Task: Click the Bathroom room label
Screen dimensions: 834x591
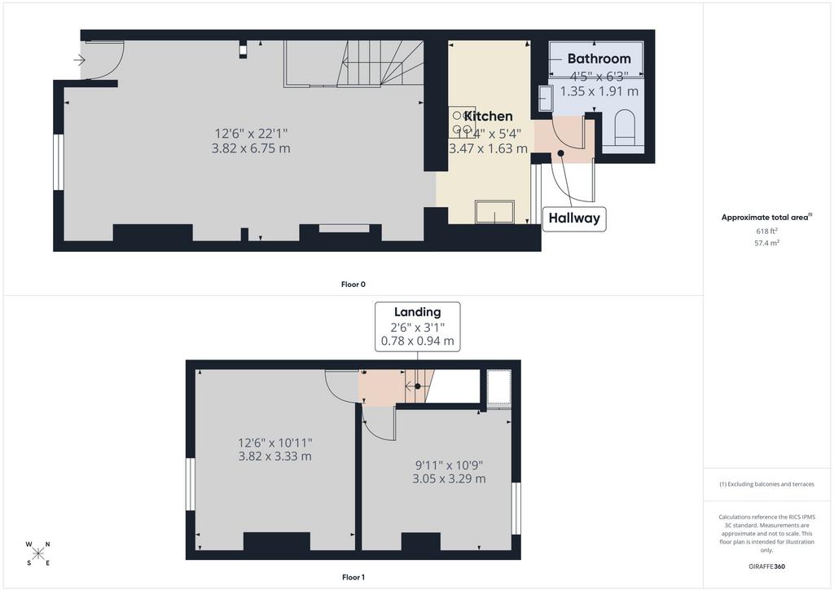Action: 599,59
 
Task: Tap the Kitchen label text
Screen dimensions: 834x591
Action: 489,116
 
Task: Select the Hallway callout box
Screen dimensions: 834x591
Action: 574,218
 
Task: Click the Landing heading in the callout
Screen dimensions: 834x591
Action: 418,312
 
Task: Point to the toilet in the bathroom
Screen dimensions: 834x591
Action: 625,127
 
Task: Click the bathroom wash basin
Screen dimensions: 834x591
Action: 545,99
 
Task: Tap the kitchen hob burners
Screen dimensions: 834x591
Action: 461,122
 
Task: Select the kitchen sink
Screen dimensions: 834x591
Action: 494,211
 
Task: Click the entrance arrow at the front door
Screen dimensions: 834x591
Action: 79,60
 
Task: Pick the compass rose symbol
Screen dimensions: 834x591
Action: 37,554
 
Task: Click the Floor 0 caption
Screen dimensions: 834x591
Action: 353,284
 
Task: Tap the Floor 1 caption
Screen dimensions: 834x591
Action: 353,577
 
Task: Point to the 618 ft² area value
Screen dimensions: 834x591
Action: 766,231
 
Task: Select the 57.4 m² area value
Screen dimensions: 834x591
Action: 766,243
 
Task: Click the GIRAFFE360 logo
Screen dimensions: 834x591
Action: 766,567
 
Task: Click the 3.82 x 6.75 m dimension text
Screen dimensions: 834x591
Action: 251,148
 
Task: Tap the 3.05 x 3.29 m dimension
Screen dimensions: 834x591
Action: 449,479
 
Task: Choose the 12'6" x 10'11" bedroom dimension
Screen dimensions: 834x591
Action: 275,443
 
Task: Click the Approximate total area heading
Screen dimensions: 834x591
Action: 765,217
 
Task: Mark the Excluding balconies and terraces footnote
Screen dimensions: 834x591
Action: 766,484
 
